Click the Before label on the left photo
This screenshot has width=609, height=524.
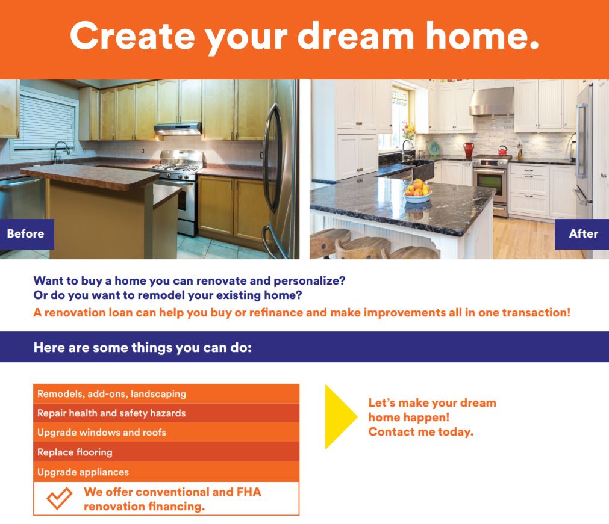[x=27, y=234]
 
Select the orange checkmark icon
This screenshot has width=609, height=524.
[x=59, y=498]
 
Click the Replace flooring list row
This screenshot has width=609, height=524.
[x=166, y=452]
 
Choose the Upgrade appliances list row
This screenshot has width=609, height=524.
[x=166, y=472]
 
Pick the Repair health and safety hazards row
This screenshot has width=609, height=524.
[x=166, y=413]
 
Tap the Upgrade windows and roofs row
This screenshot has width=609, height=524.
[x=166, y=432]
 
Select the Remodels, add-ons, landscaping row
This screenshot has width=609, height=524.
[x=166, y=393]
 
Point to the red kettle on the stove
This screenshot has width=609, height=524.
[x=502, y=150]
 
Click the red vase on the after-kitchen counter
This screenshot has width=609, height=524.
[x=469, y=150]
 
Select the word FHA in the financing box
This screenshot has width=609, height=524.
[x=249, y=492]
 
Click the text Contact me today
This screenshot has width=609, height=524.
[x=421, y=432]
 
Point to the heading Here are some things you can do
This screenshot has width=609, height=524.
[x=143, y=347]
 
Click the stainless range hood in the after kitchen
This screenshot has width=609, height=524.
[x=492, y=102]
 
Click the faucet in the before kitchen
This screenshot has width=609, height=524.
[x=61, y=152]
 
